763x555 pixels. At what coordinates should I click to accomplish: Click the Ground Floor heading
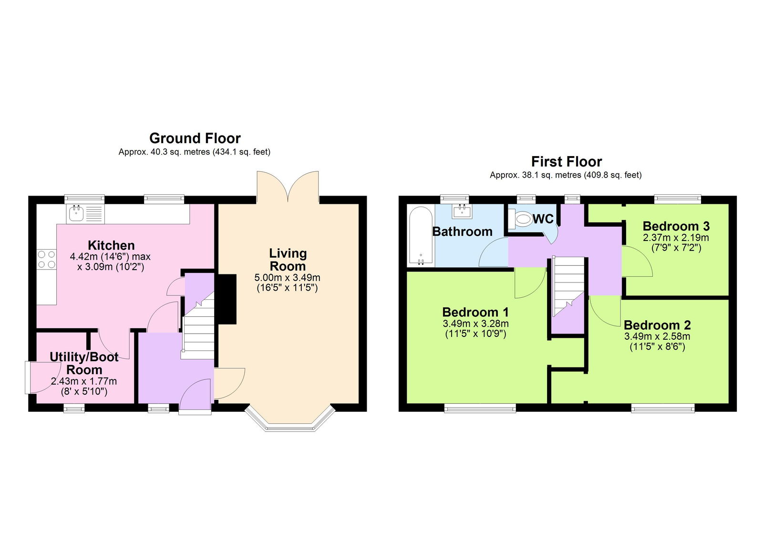pyautogui.click(x=195, y=138)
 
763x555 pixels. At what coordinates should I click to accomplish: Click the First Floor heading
pyautogui.click(x=566, y=161)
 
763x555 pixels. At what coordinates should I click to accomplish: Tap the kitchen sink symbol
pyautogui.click(x=77, y=213)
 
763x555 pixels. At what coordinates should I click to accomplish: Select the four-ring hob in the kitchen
pyautogui.click(x=46, y=260)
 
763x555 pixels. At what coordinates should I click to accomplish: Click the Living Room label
pyautogui.click(x=288, y=260)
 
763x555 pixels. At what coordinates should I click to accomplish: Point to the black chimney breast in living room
pyautogui.click(x=227, y=299)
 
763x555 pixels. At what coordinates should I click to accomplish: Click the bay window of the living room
pyautogui.click(x=288, y=422)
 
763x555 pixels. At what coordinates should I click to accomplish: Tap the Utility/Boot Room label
pyautogui.click(x=84, y=363)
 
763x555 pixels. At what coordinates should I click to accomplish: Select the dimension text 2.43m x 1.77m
pyautogui.click(x=84, y=381)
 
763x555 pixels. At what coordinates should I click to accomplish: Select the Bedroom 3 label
pyautogui.click(x=676, y=226)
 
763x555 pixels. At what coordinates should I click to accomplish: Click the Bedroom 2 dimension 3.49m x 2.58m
pyautogui.click(x=657, y=336)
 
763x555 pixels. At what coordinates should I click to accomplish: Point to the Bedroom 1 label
pyautogui.click(x=475, y=313)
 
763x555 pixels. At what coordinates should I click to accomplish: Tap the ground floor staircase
pyautogui.click(x=199, y=329)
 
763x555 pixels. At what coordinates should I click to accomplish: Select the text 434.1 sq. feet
pyautogui.click(x=242, y=152)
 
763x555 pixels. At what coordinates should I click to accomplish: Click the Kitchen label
pyautogui.click(x=111, y=245)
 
